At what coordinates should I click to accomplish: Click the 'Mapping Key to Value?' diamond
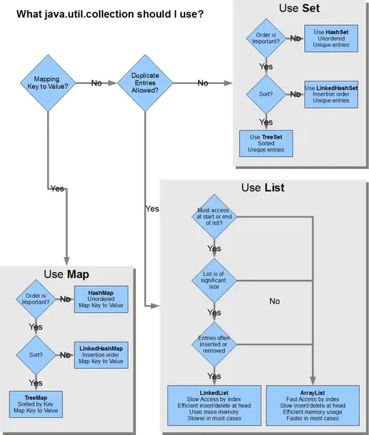click(x=46, y=83)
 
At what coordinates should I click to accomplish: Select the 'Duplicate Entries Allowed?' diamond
click(x=144, y=83)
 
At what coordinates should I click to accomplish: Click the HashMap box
click(x=100, y=298)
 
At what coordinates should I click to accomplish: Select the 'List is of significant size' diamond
click(x=214, y=281)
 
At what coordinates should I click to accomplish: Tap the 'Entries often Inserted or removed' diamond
click(x=214, y=341)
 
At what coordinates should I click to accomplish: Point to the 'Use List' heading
click(x=262, y=187)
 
